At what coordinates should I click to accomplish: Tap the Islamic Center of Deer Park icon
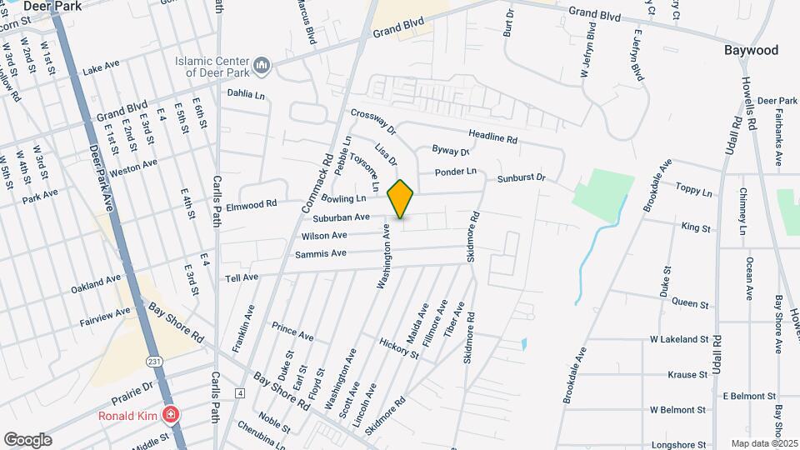262,65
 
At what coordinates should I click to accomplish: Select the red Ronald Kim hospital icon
171,414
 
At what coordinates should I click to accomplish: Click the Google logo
27,439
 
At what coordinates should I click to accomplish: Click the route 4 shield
240,392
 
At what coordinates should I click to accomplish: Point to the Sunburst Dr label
521,178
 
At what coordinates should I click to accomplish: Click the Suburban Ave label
342,217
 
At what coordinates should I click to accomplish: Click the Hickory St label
398,348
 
